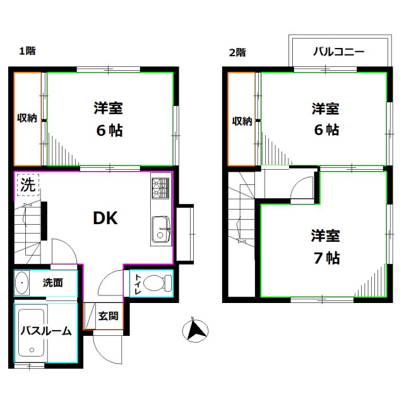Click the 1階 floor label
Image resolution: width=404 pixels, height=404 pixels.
click(27, 51)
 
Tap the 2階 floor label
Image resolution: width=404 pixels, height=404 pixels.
click(237, 52)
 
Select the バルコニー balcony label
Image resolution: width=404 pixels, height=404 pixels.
click(338, 52)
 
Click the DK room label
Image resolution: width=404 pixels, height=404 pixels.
click(105, 218)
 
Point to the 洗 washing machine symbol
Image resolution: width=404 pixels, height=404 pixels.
click(27, 186)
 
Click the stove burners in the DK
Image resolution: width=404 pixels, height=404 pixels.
click(160, 188)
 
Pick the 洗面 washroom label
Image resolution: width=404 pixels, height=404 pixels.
click(53, 283)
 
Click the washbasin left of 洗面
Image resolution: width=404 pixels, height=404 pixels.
click(23, 283)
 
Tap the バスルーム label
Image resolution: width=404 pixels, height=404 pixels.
click(45, 331)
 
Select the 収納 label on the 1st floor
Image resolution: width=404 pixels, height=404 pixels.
click(27, 118)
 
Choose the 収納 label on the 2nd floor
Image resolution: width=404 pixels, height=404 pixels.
click(242, 121)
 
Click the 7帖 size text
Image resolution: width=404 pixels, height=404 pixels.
click(326, 258)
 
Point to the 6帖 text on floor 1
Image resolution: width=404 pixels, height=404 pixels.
click(109, 131)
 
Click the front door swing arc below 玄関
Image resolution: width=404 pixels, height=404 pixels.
click(104, 346)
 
